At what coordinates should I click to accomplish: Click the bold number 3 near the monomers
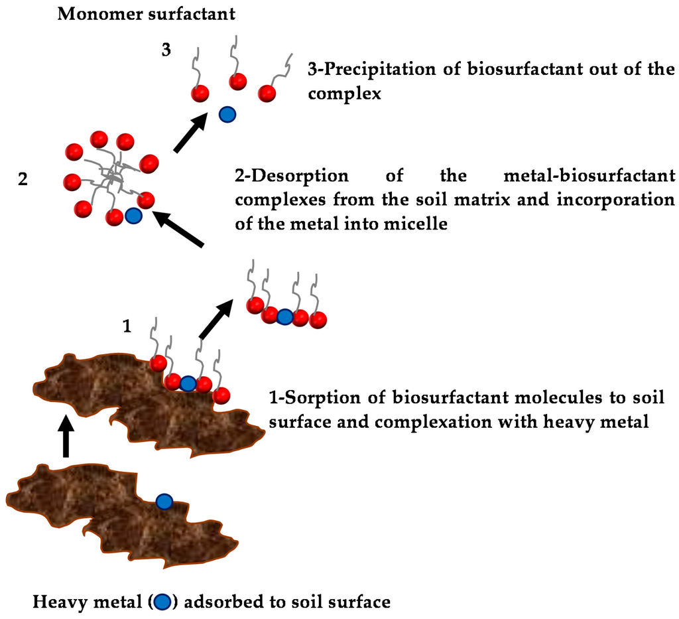(x=166, y=50)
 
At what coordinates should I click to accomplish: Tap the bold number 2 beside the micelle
(x=23, y=179)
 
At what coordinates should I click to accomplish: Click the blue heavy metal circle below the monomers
(x=227, y=115)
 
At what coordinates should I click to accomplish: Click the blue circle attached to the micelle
(x=133, y=216)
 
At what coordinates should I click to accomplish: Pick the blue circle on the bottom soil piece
(x=164, y=502)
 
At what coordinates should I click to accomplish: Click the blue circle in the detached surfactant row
(x=284, y=316)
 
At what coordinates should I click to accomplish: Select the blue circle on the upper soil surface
(x=188, y=383)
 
